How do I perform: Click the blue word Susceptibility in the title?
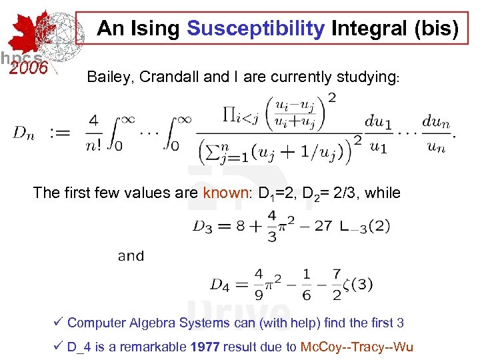click(x=256, y=29)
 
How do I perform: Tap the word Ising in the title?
click(x=159, y=29)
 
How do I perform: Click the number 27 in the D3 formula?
click(x=323, y=227)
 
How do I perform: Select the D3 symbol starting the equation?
click(x=203, y=227)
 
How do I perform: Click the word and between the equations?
click(x=131, y=256)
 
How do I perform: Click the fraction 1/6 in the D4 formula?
click(x=306, y=285)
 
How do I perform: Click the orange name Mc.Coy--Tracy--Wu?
click(x=357, y=347)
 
